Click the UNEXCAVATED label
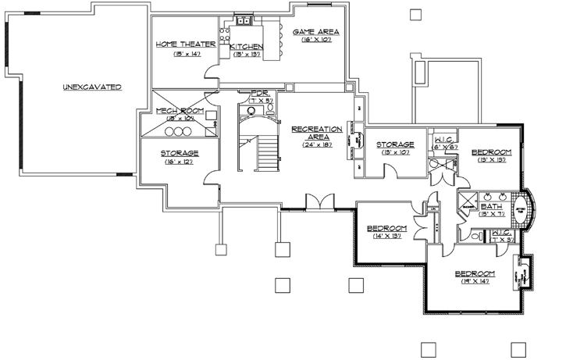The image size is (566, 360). pyautogui.click(x=92, y=87)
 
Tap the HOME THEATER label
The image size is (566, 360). pyautogui.click(x=180, y=45)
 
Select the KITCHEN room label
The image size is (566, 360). pyautogui.click(x=247, y=48)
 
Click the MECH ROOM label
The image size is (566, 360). pyautogui.click(x=180, y=112)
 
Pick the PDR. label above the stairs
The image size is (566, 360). pyautogui.click(x=260, y=93)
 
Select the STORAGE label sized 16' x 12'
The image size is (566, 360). pyautogui.click(x=180, y=153)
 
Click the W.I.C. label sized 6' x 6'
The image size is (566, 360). pyautogui.click(x=445, y=140)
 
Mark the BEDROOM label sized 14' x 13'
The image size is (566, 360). pyautogui.click(x=388, y=228)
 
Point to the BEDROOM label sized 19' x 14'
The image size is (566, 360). pyautogui.click(x=475, y=273)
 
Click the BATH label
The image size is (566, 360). pyautogui.click(x=491, y=205)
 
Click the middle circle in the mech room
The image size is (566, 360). pyautogui.click(x=178, y=131)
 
